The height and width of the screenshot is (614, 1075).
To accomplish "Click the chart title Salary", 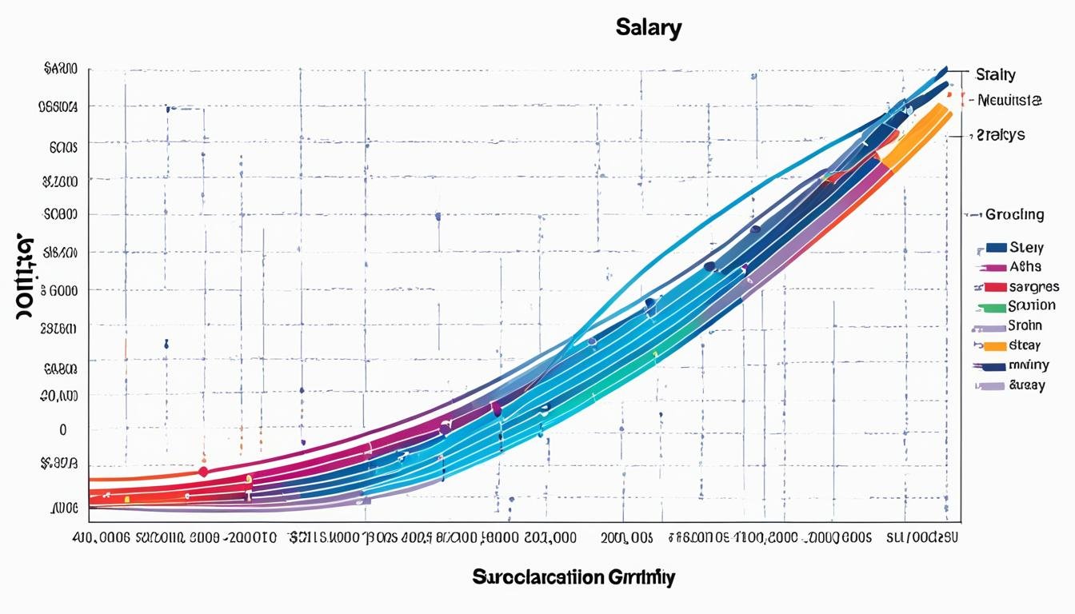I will (649, 29).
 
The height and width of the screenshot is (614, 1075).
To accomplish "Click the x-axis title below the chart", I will (573, 576).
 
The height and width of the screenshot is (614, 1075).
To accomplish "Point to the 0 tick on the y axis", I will (62, 429).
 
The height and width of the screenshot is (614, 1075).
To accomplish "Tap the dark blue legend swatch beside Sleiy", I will (996, 247).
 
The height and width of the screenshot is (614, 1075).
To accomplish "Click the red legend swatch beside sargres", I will (995, 286).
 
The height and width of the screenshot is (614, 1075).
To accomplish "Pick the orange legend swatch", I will (995, 346).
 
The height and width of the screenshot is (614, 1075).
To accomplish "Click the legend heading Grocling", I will (1014, 214).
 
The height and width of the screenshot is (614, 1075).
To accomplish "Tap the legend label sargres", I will (1034, 286).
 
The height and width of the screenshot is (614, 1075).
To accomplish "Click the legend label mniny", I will (1029, 365).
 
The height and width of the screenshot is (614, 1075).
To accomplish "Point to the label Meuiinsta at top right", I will (1010, 101).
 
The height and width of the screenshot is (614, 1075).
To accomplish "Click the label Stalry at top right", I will (996, 75).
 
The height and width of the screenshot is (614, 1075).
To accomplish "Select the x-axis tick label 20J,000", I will (549, 538).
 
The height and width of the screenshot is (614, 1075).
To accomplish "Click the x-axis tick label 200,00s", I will (627, 538).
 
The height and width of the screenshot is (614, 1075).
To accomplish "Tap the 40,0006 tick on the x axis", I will (102, 538).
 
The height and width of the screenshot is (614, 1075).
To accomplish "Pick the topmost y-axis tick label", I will (61, 70).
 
